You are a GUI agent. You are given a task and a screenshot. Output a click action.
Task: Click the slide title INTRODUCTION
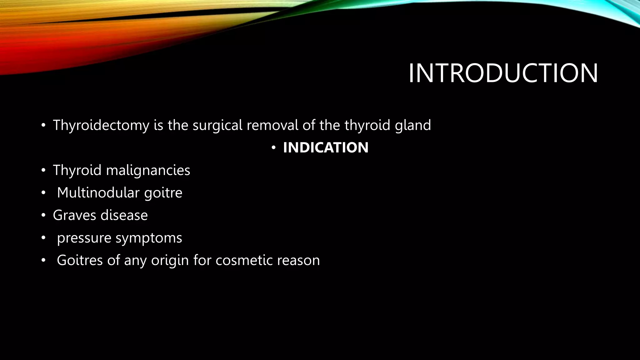[503, 73]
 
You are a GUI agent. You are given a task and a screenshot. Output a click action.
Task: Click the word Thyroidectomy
[101, 125]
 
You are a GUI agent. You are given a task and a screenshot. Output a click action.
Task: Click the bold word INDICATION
[326, 147]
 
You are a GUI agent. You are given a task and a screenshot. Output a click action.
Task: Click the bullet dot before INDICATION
[273, 148]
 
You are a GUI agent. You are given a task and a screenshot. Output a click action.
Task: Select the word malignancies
[148, 171]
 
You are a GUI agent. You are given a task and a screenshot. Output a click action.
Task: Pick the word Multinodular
[98, 192]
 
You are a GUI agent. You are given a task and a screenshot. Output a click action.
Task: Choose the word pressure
[84, 238]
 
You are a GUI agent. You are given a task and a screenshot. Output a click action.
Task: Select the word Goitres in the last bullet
[80, 260]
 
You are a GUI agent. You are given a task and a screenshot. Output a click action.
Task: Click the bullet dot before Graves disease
[43, 215]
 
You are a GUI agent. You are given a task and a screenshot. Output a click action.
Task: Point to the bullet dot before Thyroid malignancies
[43, 171]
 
